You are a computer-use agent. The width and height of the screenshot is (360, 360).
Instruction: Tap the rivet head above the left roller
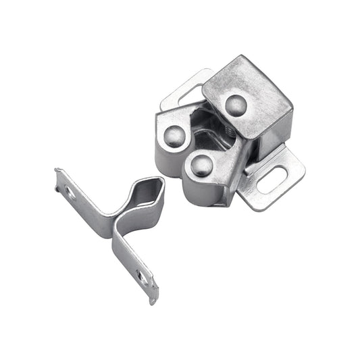click(175, 136)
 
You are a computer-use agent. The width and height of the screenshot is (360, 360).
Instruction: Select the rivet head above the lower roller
click(201, 164)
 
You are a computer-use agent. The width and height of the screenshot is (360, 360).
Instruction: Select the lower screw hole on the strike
click(140, 276)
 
